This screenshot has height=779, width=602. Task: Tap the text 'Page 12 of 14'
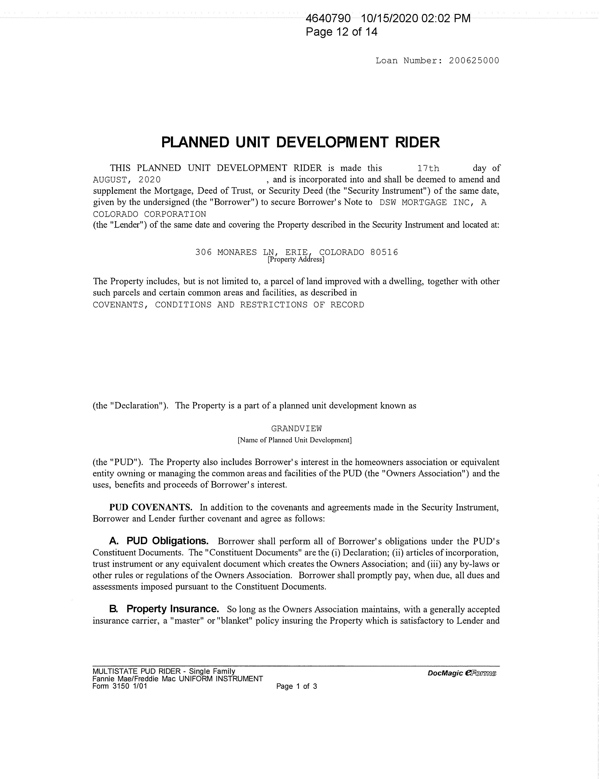click(341, 32)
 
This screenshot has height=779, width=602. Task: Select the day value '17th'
click(428, 168)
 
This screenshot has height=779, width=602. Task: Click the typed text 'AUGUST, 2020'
click(127, 179)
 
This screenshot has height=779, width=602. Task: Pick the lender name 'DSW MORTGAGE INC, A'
click(432, 203)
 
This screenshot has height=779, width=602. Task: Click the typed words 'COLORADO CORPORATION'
click(149, 214)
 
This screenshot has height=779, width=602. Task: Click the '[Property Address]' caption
click(296, 259)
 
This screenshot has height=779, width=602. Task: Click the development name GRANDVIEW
click(296, 428)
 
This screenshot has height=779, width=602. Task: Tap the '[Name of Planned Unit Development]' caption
click(295, 440)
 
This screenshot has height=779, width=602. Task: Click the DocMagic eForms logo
click(462, 673)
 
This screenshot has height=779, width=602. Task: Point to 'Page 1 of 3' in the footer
click(296, 686)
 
